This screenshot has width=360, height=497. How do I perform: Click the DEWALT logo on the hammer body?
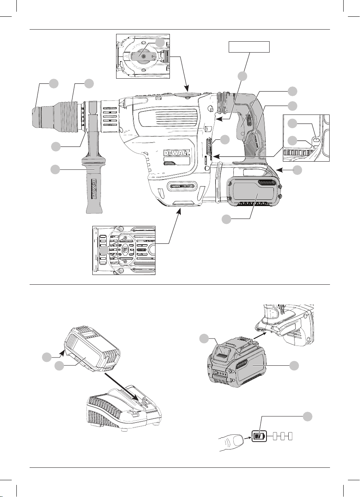click(176, 153)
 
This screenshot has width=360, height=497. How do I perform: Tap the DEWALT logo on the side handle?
click(96, 189)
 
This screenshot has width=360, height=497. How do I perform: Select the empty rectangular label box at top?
click(249, 47)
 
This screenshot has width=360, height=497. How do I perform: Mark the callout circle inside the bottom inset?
click(104, 250)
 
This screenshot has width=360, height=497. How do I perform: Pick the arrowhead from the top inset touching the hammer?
click(187, 88)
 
